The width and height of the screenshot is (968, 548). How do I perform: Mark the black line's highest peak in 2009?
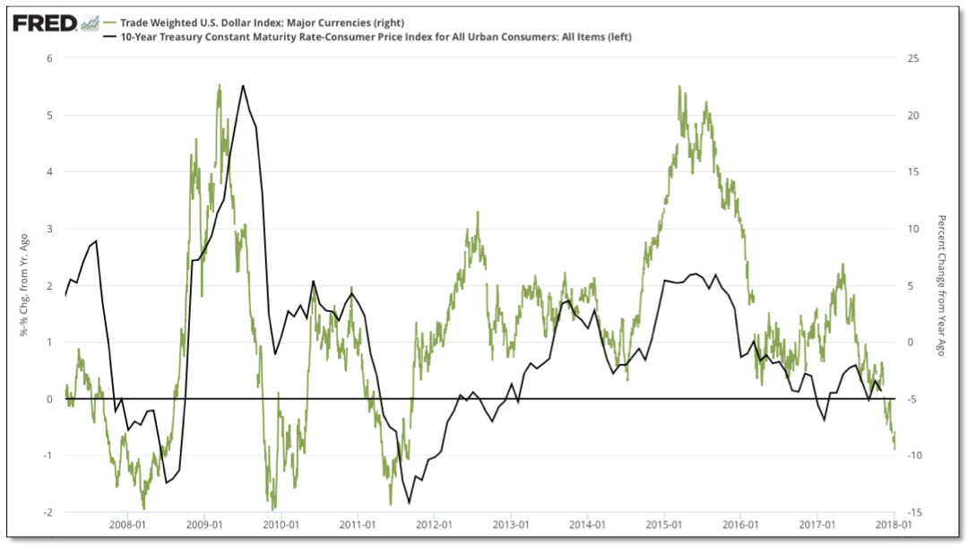(243, 86)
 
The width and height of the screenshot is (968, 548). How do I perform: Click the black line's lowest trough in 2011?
(410, 503)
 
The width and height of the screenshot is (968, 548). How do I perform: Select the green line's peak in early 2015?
(679, 87)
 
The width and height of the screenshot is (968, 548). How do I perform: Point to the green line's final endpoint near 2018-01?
(894, 448)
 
